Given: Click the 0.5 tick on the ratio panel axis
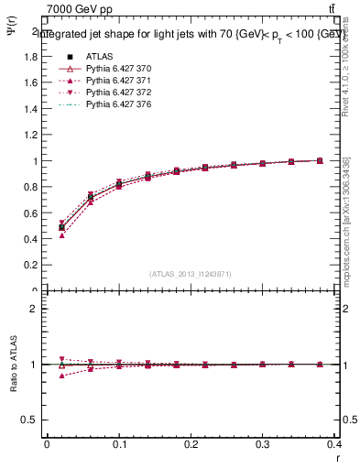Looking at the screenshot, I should coord(33,420).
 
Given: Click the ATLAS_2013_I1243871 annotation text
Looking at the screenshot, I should coord(191,274).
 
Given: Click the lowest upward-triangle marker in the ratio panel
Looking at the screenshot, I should coord(61,376).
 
